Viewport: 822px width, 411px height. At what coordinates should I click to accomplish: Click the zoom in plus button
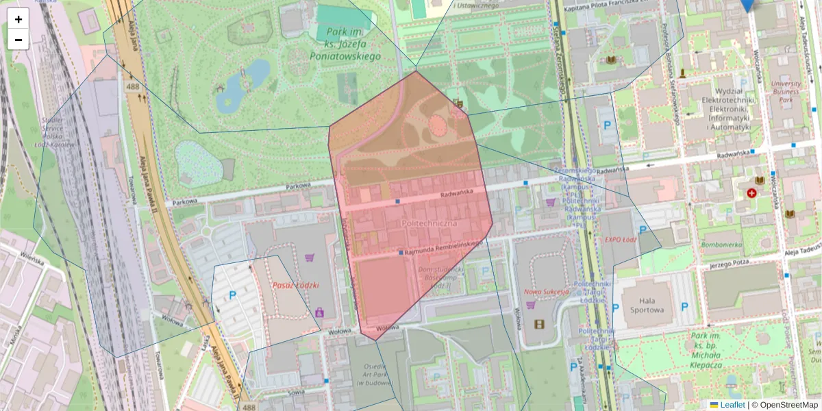(18, 19)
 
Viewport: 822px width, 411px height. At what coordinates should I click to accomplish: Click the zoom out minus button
(18, 40)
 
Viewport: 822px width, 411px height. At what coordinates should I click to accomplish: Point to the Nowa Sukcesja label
(547, 291)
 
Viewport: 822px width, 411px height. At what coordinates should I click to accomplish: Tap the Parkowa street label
(184, 201)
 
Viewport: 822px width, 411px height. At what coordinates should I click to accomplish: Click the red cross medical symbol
(751, 193)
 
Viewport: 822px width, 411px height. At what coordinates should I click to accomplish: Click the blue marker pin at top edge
(747, 4)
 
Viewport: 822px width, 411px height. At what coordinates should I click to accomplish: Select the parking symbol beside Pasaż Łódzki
(232, 295)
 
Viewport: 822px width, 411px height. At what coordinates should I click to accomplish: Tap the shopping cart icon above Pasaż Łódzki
(309, 258)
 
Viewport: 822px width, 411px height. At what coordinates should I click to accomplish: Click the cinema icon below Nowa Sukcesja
(539, 323)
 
